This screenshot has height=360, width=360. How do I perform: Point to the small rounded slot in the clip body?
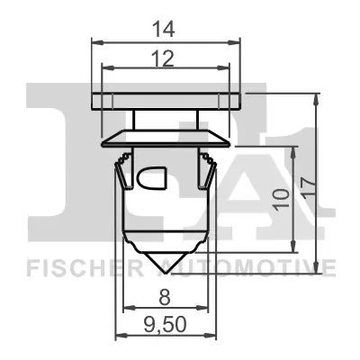151,178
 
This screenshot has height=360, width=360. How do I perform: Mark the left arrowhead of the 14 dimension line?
95,41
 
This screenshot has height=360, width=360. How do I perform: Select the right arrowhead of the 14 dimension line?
239,41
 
